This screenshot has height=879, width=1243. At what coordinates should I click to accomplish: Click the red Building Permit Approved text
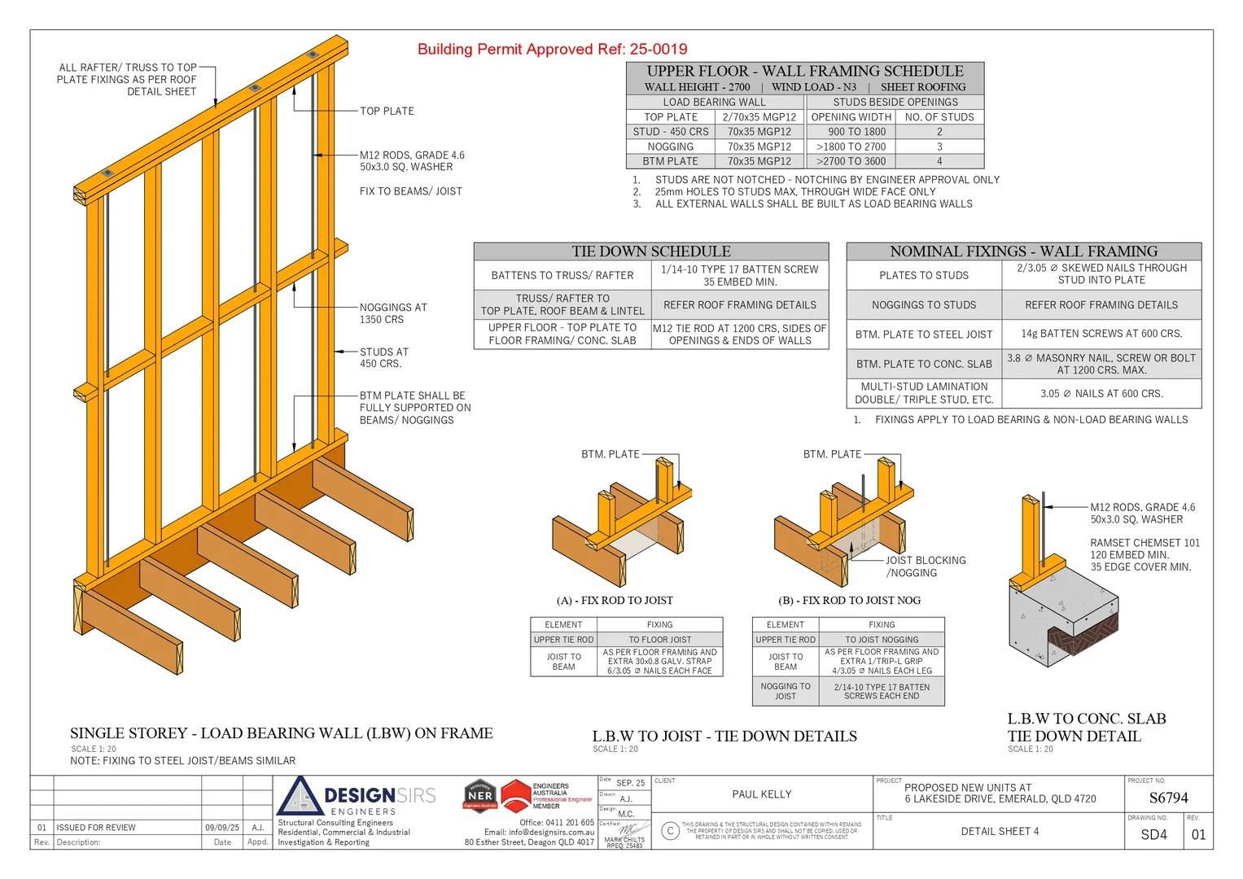point(552,49)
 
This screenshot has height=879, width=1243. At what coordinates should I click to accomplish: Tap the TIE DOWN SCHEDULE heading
point(650,251)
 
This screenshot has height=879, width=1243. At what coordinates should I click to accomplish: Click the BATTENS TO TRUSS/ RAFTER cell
point(562,275)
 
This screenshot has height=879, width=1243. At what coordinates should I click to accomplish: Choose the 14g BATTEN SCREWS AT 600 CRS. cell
point(1101,334)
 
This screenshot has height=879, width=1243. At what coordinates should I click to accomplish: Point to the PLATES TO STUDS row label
point(923,275)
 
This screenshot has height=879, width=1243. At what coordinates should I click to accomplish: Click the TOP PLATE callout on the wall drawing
point(387,111)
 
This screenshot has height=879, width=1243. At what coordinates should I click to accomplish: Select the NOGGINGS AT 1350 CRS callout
point(392,313)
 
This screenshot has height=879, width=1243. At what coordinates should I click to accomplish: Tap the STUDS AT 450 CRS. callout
point(383,357)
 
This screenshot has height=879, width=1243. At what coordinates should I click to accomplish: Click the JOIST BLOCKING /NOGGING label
point(926,566)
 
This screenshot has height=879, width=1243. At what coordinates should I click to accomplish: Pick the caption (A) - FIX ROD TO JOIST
point(615,601)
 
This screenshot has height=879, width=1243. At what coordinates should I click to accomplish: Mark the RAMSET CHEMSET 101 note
point(1145,543)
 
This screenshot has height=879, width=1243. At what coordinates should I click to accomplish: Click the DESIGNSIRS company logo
point(358,796)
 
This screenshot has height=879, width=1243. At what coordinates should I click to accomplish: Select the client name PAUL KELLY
point(761,794)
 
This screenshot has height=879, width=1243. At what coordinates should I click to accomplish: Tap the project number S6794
point(1168,798)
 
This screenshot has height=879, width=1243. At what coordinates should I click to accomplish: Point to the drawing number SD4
point(1153,834)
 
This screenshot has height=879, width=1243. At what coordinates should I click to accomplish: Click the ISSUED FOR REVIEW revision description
point(96,828)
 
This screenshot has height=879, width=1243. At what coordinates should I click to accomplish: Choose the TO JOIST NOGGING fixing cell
point(881,640)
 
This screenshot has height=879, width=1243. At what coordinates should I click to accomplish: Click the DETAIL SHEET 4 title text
point(1000,831)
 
